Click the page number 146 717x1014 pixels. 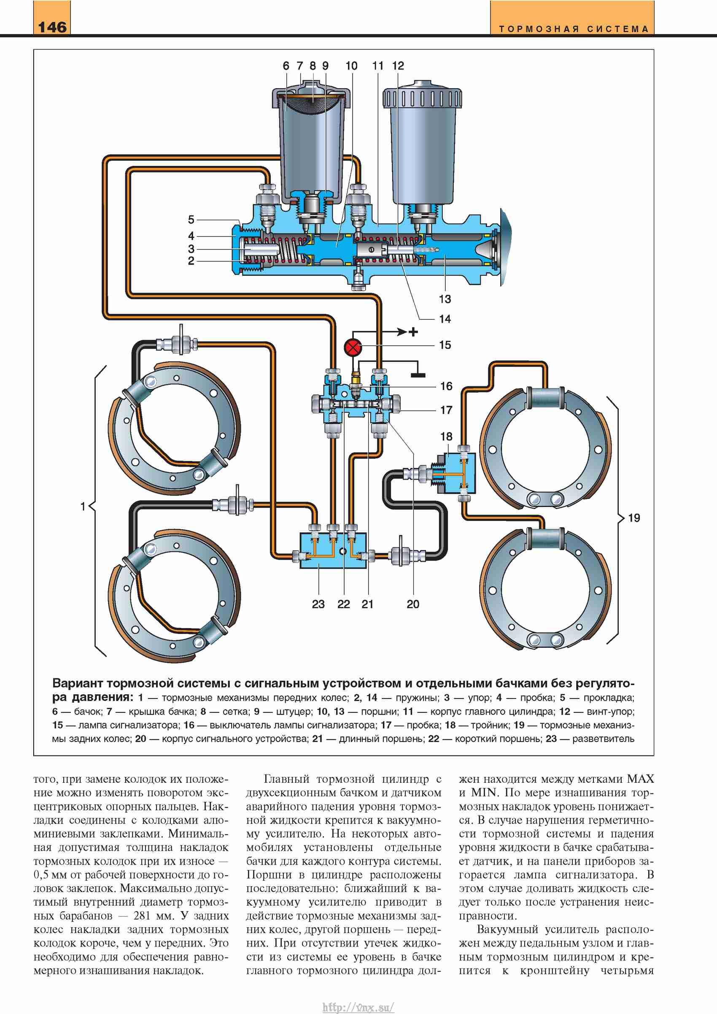(x=52, y=27)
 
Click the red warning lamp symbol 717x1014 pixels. (x=353, y=347)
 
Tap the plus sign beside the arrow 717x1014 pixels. (x=413, y=331)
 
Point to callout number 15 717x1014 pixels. (x=445, y=345)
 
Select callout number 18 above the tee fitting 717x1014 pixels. (x=446, y=436)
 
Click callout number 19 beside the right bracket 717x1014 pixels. (x=634, y=518)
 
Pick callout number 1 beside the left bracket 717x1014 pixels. (x=83, y=506)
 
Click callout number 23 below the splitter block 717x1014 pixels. (x=318, y=604)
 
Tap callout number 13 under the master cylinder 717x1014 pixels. (x=445, y=299)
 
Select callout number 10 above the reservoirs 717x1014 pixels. (x=351, y=66)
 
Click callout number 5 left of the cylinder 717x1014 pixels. (x=191, y=219)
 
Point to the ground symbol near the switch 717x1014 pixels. (x=418, y=375)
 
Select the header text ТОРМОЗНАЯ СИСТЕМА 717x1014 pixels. (x=574, y=29)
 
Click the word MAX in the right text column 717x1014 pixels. (x=640, y=779)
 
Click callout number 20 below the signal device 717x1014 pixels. (x=413, y=604)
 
